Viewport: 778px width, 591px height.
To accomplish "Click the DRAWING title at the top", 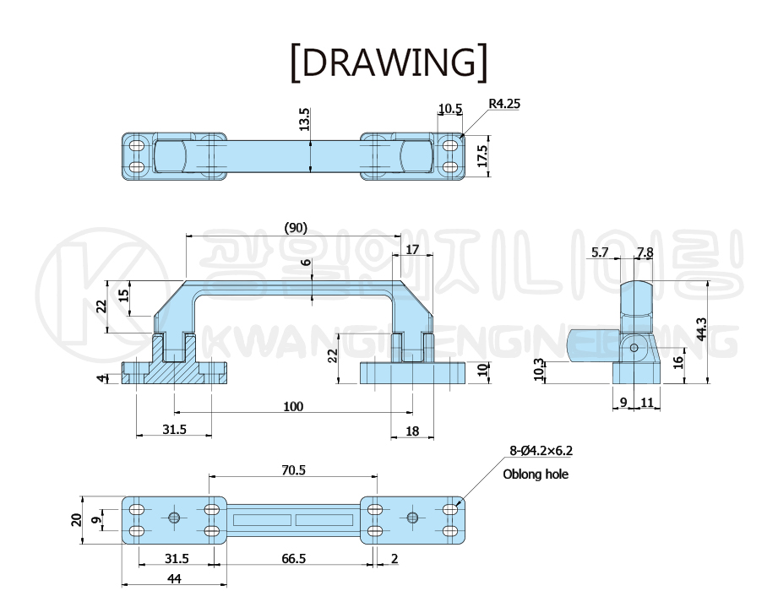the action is [x=389, y=62].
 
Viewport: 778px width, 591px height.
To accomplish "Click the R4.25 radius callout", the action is [x=504, y=104].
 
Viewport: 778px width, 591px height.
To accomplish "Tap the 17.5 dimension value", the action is [x=481, y=155].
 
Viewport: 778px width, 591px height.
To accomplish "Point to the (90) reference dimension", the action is [x=296, y=228].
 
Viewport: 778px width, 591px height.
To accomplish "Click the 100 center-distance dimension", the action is [x=293, y=407].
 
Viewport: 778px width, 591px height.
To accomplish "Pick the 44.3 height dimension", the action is [x=701, y=328].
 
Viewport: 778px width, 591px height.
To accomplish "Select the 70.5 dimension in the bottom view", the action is [x=293, y=470].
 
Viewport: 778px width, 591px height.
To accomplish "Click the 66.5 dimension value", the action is [x=293, y=559].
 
